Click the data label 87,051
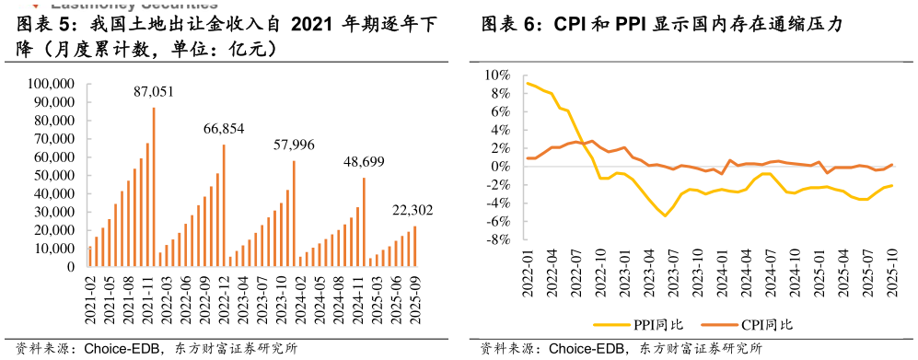coord(153,92)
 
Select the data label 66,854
coord(224,129)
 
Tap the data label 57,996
coord(295,145)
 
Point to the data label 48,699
coord(365,162)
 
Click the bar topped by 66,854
coord(224,206)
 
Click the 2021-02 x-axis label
coord(90,297)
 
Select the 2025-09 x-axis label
coord(414,297)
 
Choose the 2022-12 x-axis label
coord(223,297)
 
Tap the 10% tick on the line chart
coord(498,75)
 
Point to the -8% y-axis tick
coord(498,240)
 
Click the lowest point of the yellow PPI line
coord(665,216)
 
